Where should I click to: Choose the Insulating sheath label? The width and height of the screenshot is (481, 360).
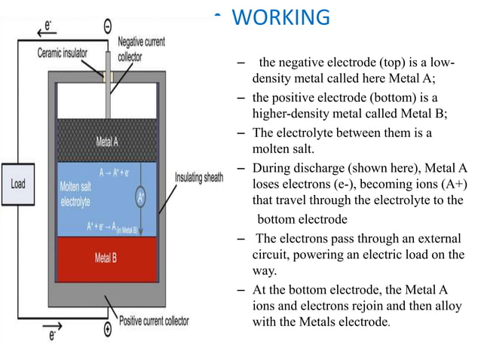click(199, 178)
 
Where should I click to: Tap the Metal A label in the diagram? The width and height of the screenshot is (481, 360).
click(106, 141)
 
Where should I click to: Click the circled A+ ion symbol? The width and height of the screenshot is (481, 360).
click(140, 198)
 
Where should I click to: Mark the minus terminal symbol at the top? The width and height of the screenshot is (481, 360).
click(108, 25)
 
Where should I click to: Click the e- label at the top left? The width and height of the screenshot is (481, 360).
click(49, 25)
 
